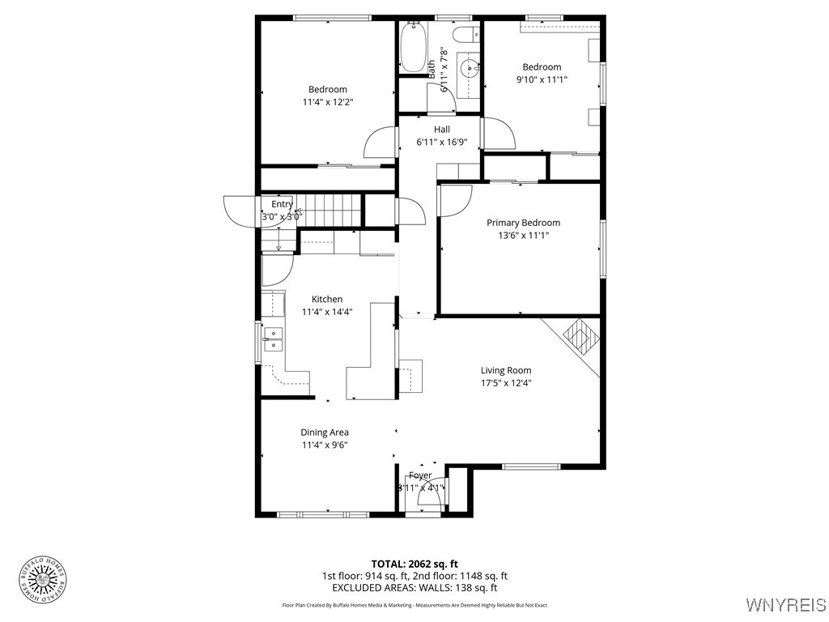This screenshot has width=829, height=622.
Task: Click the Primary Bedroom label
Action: click(523, 223)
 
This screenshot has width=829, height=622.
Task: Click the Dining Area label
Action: click(325, 432)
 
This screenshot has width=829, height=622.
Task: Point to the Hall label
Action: click(442, 130)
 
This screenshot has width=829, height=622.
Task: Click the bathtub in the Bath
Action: click(413, 47)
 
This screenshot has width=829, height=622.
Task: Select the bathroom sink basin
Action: click(467, 69)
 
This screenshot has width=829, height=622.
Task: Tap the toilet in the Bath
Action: click(466, 34)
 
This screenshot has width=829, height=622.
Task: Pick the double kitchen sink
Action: click(274, 339)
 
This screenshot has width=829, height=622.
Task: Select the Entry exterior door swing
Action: click(239, 212)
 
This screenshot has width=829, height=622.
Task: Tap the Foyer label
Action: click(420, 475)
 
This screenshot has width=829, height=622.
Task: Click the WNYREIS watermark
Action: click(785, 605)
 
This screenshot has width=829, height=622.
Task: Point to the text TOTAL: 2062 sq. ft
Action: click(414, 564)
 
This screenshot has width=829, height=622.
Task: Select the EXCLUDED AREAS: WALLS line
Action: click(414, 588)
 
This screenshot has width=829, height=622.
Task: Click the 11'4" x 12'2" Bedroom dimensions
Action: click(328, 102)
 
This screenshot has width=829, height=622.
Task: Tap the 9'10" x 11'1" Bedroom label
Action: click(542, 67)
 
